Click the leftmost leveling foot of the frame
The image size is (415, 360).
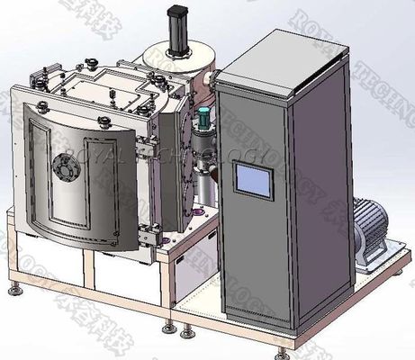pos(13,289)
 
